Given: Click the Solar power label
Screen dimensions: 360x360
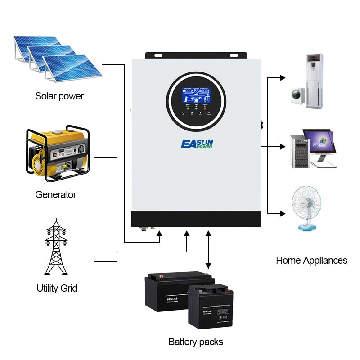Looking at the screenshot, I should click(59, 96).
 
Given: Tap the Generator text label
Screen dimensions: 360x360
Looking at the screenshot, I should click(56, 195).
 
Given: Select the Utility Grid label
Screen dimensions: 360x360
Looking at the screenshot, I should click(57, 288).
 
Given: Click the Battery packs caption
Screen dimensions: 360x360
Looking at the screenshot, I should click(196, 342).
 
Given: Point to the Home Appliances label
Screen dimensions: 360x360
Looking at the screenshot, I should click(311, 260).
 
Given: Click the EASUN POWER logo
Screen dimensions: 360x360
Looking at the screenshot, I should click(197, 144).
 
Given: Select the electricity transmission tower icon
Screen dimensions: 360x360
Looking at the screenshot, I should click(56, 247).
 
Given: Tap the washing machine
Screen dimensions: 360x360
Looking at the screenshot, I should click(297, 95).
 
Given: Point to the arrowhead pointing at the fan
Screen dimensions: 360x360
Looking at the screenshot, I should click(283, 213).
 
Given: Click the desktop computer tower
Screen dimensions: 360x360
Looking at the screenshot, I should click(299, 151).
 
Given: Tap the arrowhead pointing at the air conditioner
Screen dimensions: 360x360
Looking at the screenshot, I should click(283, 77).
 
